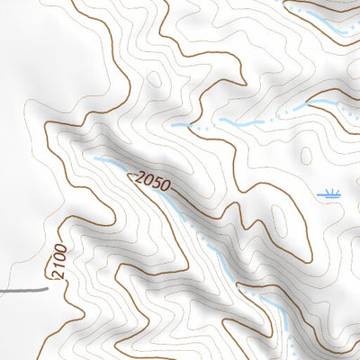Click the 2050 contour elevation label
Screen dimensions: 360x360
pos(149,181)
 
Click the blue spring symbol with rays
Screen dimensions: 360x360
pos(330,193)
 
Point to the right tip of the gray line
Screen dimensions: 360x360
pos(47,290)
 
